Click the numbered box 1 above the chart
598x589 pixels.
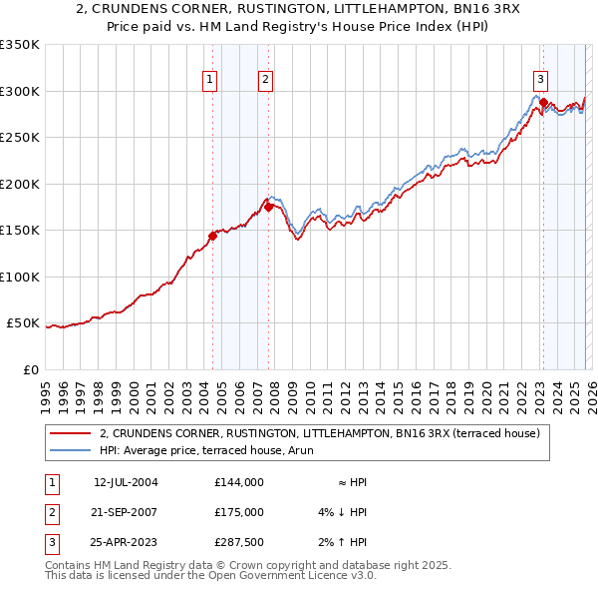pos(211,82)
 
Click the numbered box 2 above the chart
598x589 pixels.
pos(267,82)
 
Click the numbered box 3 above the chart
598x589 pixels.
pos(540,82)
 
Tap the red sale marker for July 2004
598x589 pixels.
pos(212,237)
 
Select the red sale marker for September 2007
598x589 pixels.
pos(269,207)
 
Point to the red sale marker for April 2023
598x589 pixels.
pos(543,102)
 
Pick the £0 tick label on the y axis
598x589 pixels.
pos(30,369)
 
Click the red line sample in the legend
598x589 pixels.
pos(71,433)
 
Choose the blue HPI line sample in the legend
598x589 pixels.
pos(71,450)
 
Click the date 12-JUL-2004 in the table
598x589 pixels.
pos(126,482)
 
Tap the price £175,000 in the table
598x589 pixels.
pos(238,512)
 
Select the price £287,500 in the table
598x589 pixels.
pos(238,542)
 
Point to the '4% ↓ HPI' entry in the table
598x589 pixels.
pos(340,512)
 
